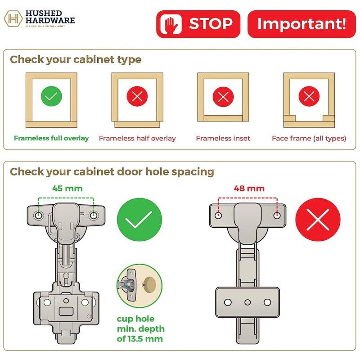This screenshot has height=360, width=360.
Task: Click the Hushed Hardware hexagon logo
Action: coord(14,19)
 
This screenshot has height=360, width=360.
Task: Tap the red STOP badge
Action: coord(198,24)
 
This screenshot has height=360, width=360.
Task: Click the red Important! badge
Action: coord(301,24)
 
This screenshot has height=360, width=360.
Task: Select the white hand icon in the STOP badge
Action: coord(172,24)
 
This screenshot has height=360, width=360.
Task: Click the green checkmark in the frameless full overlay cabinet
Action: coord(51,96)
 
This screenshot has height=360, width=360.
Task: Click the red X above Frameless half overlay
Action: coord(137,96)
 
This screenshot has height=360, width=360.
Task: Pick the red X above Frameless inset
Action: coord(223,96)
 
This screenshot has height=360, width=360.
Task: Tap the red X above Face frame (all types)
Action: coord(309,96)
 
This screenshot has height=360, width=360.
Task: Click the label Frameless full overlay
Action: coord(51,138)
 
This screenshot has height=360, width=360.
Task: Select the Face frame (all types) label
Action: coord(309,138)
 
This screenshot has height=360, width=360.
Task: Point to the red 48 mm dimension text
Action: coord(248,188)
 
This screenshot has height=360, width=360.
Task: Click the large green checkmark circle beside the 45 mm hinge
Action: coord(139,222)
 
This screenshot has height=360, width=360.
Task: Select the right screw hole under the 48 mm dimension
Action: coord(277,216)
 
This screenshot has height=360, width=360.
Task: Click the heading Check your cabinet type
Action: coord(76,59)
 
